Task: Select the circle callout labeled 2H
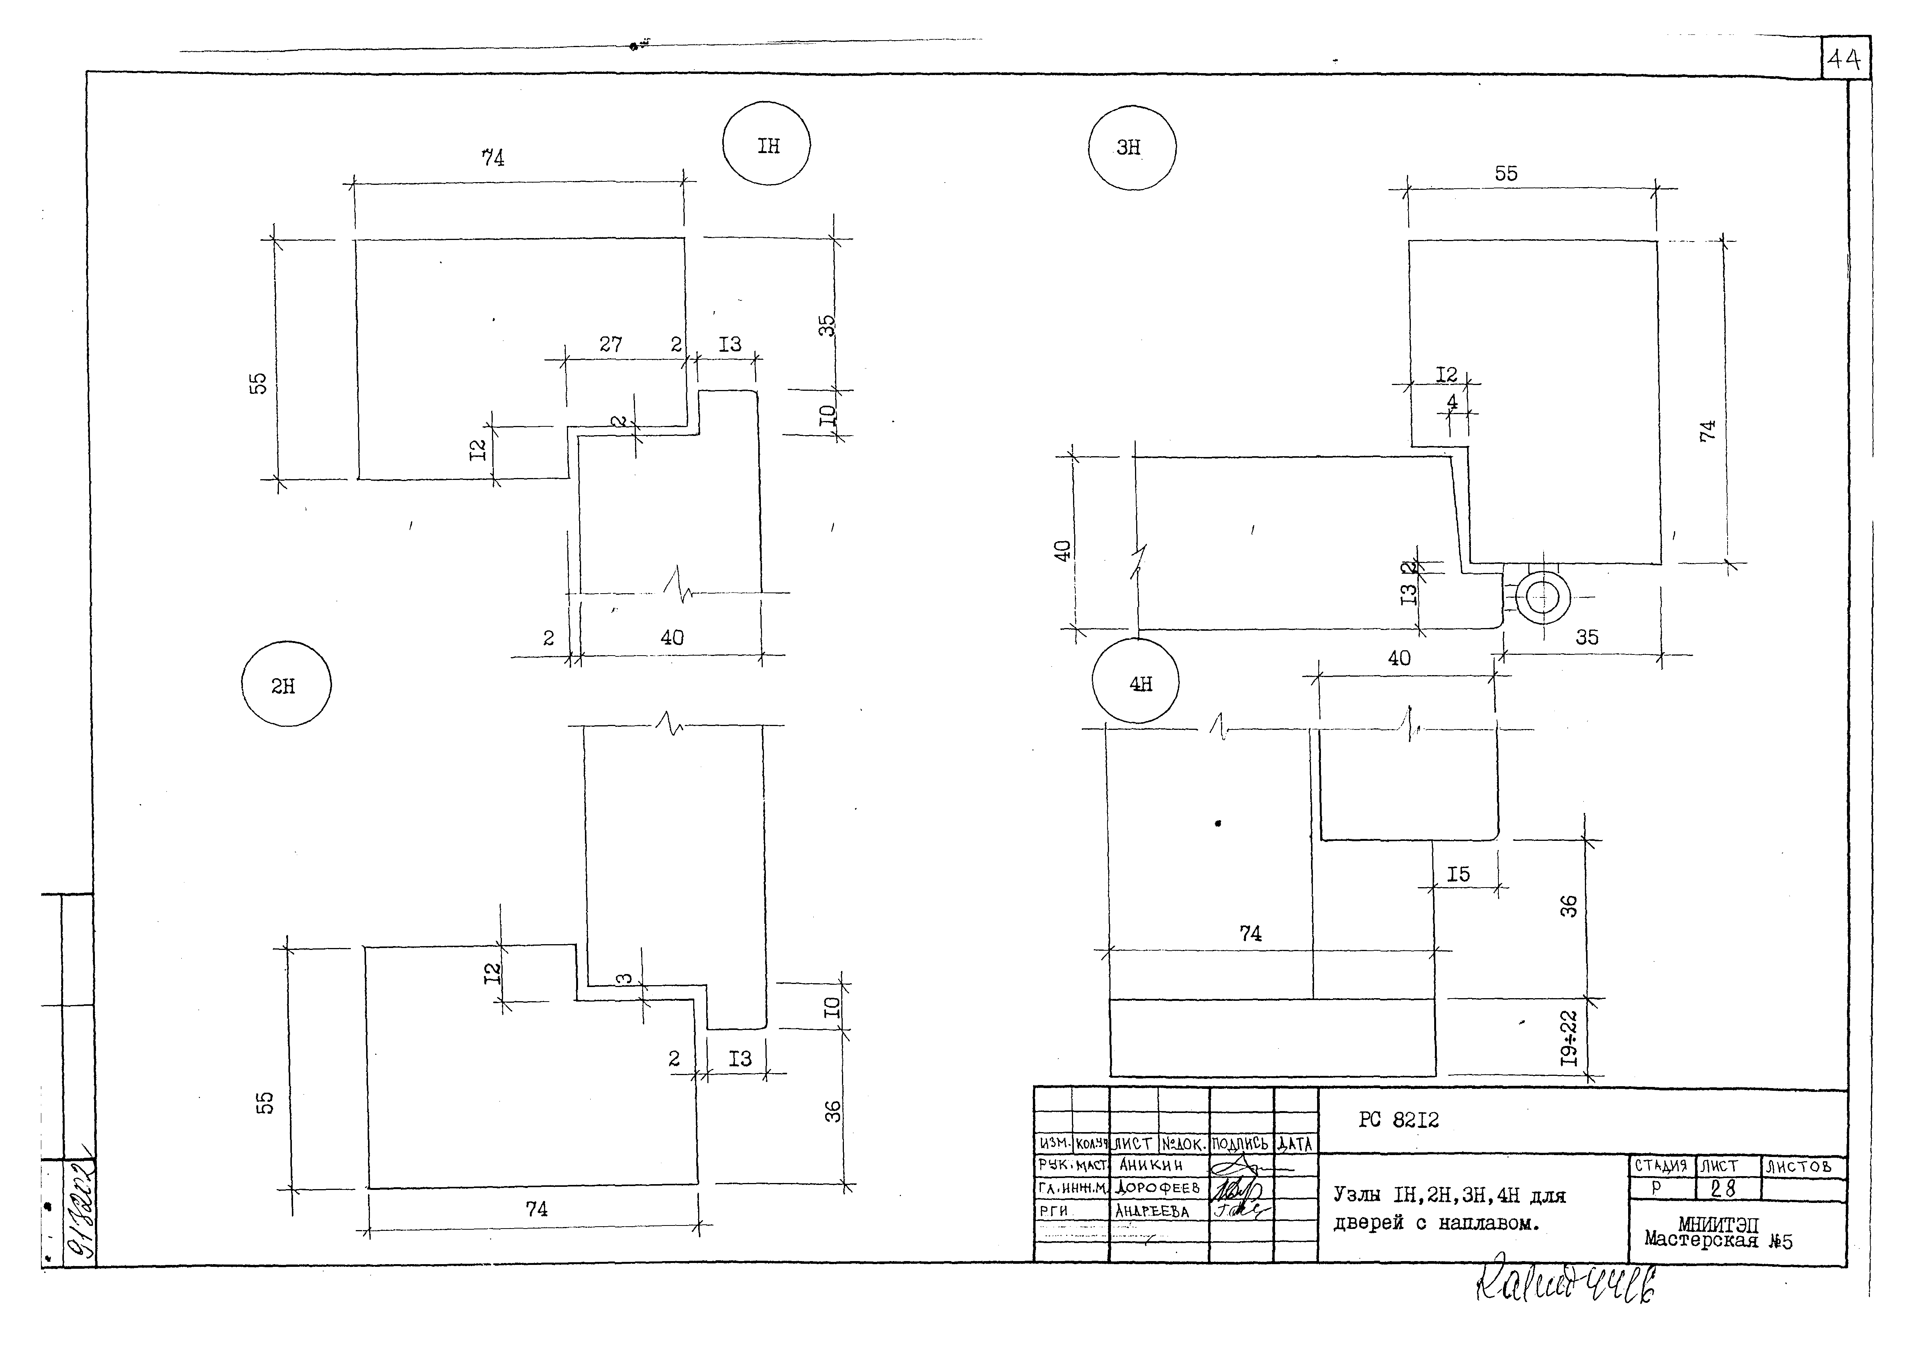pos(286,684)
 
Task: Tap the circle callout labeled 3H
pos(1132,147)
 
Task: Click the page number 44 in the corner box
pos(1844,59)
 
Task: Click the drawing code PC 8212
pos(1398,1120)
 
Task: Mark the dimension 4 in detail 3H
pos(1452,402)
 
